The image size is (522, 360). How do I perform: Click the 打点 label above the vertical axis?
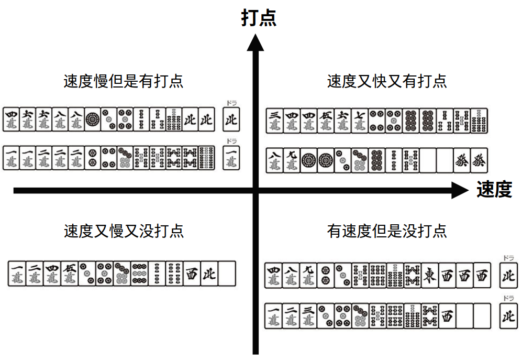pyautogui.click(x=258, y=18)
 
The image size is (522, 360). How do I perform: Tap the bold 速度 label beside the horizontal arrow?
pyautogui.click(x=494, y=190)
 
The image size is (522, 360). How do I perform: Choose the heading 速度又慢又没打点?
pyautogui.click(x=124, y=231)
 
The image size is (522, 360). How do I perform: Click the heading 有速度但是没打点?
pyautogui.click(x=387, y=231)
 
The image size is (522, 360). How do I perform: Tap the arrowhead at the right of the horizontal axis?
pyautogui.click(x=459, y=190)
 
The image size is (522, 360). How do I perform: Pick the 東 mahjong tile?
pyautogui.click(x=429, y=274)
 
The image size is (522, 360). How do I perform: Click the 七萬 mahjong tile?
pyautogui.click(x=360, y=120)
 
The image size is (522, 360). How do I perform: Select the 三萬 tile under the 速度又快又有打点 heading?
pyautogui.click(x=274, y=120)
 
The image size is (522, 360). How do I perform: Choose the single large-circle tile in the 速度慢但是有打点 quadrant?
pyautogui.click(x=93, y=120)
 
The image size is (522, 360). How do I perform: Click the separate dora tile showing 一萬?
pyautogui.click(x=230, y=158)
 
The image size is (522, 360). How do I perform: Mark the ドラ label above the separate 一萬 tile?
pyautogui.click(x=230, y=141)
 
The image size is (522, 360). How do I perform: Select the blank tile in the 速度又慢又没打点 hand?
pyautogui.click(x=227, y=274)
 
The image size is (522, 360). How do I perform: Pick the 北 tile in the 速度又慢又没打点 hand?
pyautogui.click(x=208, y=274)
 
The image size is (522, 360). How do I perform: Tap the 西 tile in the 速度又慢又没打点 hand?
pyautogui.click(x=191, y=274)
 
